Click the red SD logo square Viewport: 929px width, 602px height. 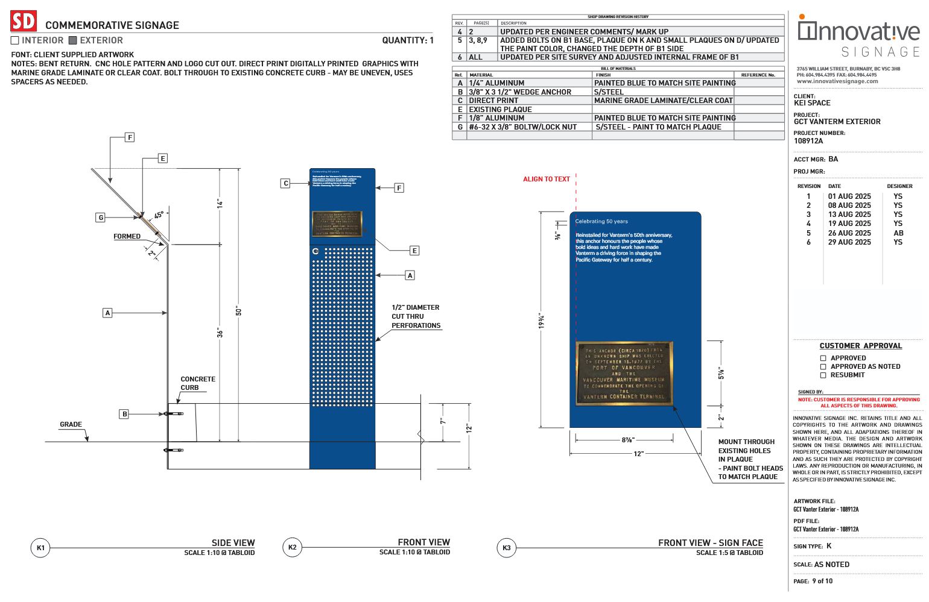tap(24, 22)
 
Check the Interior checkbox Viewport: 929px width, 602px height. tap(15, 40)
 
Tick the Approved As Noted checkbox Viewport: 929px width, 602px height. tap(823, 366)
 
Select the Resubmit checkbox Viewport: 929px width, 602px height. tap(823, 375)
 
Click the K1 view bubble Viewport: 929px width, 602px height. tap(40, 548)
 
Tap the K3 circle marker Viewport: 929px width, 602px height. tap(507, 548)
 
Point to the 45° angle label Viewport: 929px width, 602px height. tap(159, 215)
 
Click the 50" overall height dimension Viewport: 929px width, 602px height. tap(239, 311)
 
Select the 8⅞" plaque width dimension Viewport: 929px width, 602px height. tap(627, 440)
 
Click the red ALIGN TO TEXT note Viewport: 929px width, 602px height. tap(546, 179)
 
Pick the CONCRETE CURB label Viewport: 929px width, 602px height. tap(197, 383)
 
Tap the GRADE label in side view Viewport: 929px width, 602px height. tap(71, 424)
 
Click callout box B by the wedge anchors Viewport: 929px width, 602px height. tap(124, 414)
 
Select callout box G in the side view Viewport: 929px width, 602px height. tap(101, 218)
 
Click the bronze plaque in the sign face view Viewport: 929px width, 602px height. tap(624, 373)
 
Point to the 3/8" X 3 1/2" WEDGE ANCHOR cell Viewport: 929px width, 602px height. tap(520, 92)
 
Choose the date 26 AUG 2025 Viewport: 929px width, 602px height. tap(849, 233)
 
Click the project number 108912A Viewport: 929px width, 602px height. tap(808, 141)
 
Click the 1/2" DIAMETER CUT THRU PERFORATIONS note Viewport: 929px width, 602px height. tap(416, 316)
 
